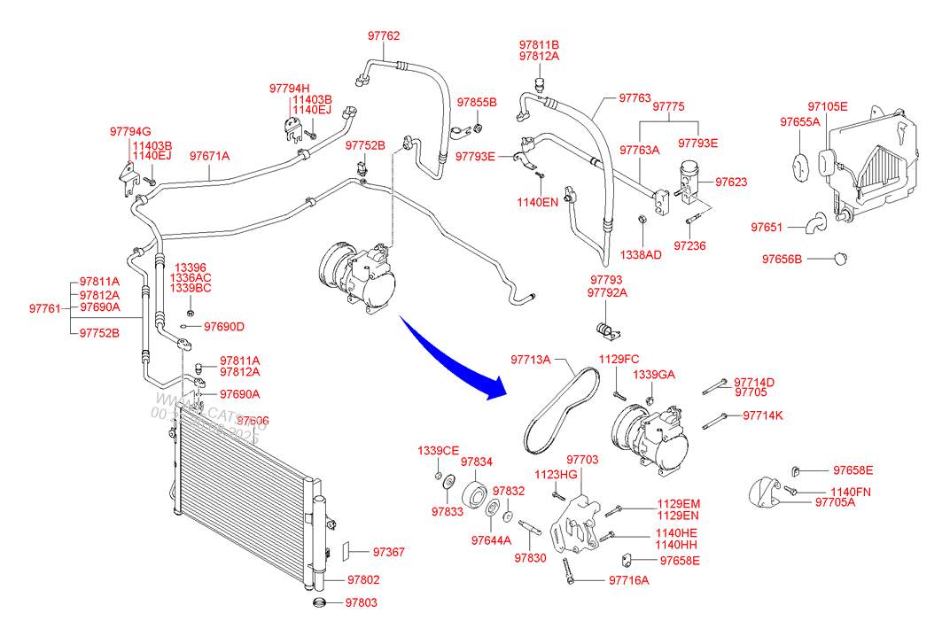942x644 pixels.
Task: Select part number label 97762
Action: tap(384, 36)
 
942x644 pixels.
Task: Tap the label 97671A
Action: tap(209, 156)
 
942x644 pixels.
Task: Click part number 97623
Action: tap(731, 182)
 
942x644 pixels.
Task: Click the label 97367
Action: tap(388, 552)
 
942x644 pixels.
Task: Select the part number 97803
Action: tap(362, 602)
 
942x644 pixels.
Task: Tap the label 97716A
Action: tap(629, 580)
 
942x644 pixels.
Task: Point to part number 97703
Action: tap(582, 460)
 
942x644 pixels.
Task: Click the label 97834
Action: tap(476, 462)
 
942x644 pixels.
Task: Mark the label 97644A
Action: tap(492, 540)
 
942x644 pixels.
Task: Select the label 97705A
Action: tap(836, 502)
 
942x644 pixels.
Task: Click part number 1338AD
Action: tap(640, 254)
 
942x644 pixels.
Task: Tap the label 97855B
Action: tap(477, 103)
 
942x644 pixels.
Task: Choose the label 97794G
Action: tap(130, 132)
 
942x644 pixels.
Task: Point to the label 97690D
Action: tap(223, 327)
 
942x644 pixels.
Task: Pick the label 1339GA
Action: tap(655, 376)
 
